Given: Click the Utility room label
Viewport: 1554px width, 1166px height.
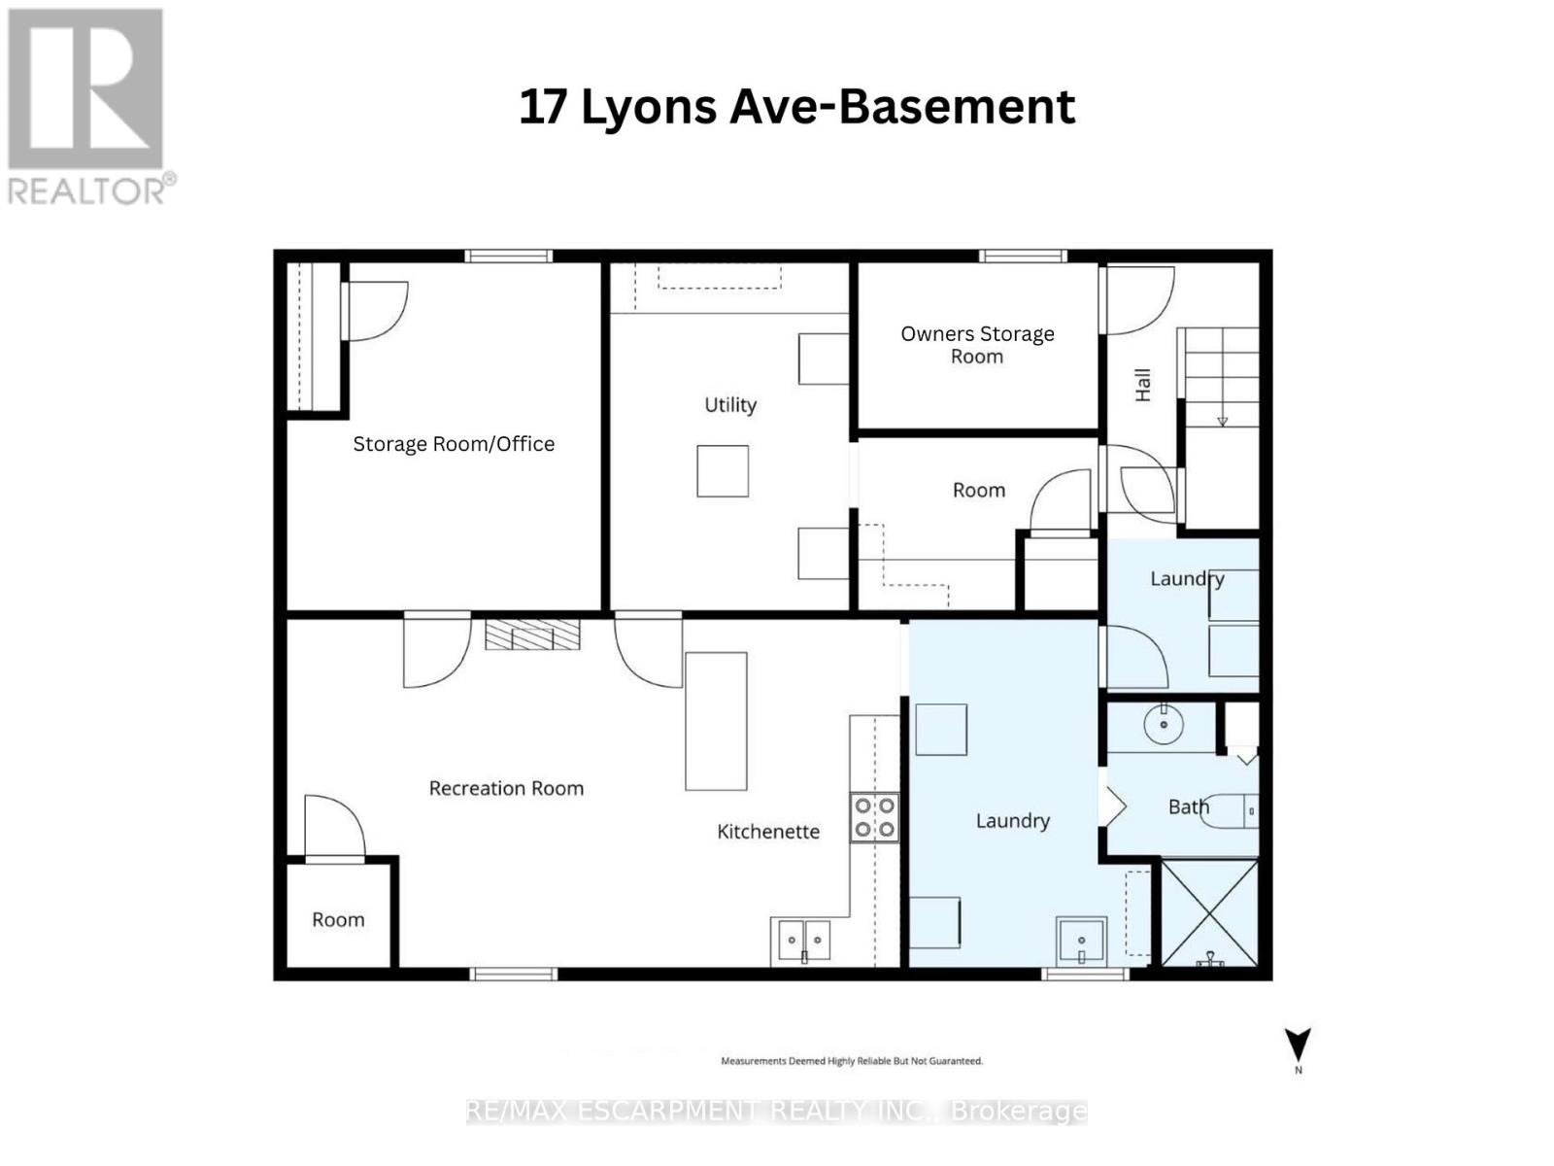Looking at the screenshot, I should pos(730,405).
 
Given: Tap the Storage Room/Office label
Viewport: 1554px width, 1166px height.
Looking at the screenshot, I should pos(454,444).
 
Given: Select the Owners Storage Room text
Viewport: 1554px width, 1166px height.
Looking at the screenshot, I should pos(977,345).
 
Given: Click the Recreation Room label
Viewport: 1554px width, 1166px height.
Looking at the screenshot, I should pos(506,788).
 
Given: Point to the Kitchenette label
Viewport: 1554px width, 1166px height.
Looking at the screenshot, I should pos(768,832).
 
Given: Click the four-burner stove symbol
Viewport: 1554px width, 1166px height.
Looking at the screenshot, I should pos(874,816).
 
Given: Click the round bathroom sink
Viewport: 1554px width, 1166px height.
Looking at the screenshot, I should pos(1163,724).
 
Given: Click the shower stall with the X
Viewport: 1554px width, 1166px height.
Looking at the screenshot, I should pos(1209,912).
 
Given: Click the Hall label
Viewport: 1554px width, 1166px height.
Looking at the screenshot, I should pos(1143,385).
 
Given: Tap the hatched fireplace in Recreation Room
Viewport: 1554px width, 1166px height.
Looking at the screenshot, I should pos(532,635).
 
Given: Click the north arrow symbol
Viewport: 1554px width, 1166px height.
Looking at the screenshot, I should pos(1298,1046).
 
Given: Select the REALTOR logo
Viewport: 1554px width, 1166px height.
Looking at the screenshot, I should pos(87,107).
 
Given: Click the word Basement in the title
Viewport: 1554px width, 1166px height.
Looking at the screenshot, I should pos(956,107).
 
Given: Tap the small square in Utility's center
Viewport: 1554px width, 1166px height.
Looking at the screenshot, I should pos(723,471).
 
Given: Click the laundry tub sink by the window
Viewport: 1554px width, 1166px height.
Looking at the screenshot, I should pos(1081,940).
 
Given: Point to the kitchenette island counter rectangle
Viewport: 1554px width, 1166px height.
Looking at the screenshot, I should pos(716,720).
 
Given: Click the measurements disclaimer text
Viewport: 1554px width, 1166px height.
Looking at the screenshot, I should pos(851,1061).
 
